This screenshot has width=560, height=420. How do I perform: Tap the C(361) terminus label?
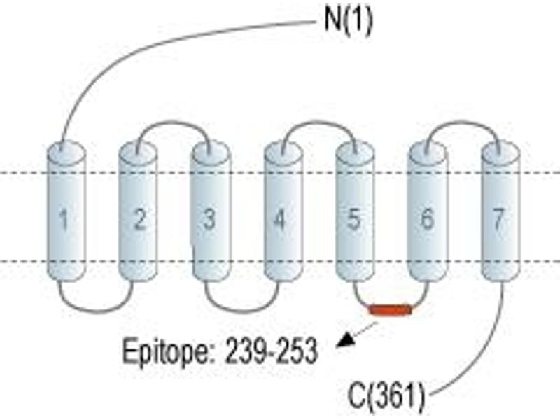[387, 395]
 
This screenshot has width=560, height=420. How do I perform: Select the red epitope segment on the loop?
[391, 309]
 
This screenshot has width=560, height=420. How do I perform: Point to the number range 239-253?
[271, 351]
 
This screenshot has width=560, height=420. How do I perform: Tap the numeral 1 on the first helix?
[64, 219]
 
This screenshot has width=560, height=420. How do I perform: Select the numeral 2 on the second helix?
[139, 218]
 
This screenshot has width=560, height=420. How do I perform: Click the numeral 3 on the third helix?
[209, 218]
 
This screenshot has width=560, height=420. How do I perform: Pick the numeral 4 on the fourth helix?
[280, 218]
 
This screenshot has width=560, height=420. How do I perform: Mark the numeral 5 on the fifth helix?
[353, 218]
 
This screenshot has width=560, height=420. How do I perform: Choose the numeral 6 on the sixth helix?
[428, 218]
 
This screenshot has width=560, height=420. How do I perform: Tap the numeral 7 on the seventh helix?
[499, 218]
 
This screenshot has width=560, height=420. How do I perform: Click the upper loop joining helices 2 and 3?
[174, 122]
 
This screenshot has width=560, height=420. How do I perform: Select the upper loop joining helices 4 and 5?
[319, 122]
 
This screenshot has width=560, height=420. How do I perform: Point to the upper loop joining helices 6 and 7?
[463, 122]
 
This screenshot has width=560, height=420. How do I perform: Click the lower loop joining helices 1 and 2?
[96, 311]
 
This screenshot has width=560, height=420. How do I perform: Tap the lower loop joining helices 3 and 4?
[241, 311]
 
